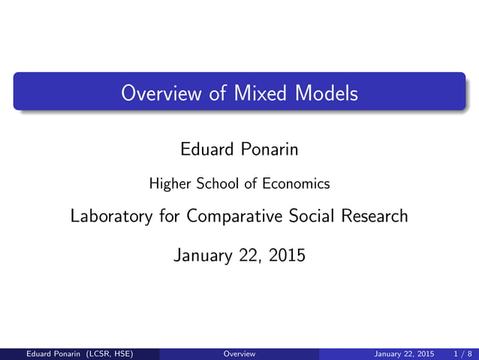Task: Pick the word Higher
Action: [x=169, y=183]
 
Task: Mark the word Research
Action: [x=374, y=216]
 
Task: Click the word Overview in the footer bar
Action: [x=239, y=353]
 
